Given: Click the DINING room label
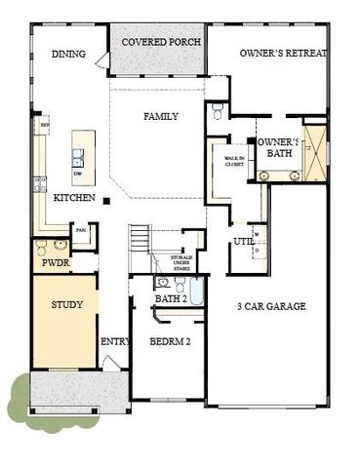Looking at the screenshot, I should [68, 55].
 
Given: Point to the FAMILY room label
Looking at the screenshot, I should [161, 116].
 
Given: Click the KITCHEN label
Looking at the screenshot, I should [74, 198].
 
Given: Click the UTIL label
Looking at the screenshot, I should [243, 241].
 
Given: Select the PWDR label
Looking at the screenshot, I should [50, 264].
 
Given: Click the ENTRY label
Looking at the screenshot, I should [114, 341].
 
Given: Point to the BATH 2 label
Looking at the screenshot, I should [171, 298].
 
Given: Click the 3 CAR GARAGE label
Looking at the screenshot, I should [271, 306].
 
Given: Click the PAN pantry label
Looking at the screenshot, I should [82, 230].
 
